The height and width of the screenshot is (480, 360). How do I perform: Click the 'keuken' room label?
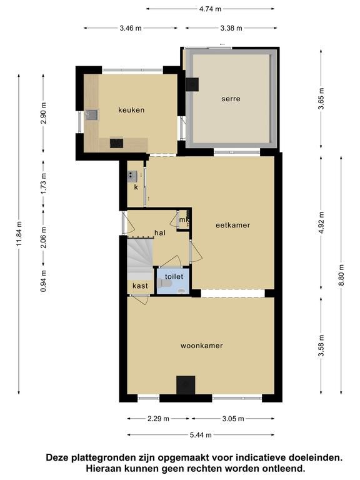point(131,110)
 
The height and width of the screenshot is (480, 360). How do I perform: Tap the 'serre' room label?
point(231,99)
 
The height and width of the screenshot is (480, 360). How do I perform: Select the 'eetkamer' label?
point(233,225)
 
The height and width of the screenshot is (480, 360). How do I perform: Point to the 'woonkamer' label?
point(201,346)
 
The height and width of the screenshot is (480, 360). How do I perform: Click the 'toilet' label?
point(174,276)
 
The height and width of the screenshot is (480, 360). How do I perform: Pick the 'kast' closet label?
point(140,286)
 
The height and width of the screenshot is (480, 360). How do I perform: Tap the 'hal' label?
point(160,232)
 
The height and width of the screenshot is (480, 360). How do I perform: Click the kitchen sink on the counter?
point(91,115)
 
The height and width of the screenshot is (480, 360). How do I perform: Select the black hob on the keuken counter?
point(117,143)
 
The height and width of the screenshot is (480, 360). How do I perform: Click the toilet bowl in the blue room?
point(164,284)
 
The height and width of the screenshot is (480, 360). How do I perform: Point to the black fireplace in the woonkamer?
point(186,385)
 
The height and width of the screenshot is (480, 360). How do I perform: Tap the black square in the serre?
point(192,84)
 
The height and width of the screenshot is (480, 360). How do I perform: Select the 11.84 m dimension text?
point(19,234)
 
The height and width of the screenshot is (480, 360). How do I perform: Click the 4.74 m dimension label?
point(210,9)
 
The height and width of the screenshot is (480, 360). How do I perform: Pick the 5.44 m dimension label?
point(201,435)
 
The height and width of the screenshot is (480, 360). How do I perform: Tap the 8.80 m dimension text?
point(341,275)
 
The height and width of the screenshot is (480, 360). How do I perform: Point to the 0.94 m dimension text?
point(44,281)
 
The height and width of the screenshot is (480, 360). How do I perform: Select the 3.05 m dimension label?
point(233,419)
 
